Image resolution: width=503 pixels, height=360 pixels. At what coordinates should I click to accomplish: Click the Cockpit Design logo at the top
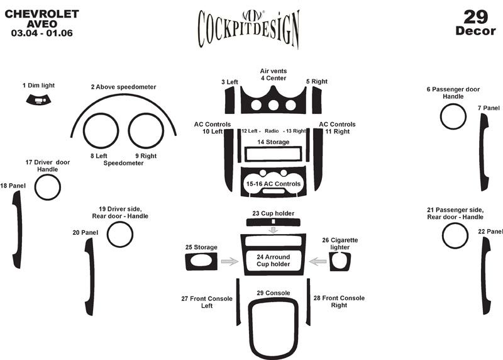tap(248, 27)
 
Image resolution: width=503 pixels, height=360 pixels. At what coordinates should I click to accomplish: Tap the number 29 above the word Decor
tap(475, 16)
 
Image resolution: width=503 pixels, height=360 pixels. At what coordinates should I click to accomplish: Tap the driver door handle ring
tap(47, 187)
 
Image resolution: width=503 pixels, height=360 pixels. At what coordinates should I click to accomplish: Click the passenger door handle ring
tap(453, 116)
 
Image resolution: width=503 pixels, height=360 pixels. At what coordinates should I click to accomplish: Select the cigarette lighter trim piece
tap(340, 261)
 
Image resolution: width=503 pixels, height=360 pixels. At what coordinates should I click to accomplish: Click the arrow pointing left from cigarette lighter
tap(318, 261)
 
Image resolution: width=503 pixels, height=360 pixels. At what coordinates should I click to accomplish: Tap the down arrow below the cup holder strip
tap(273, 230)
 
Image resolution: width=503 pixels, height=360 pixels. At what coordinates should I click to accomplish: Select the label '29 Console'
tap(273, 293)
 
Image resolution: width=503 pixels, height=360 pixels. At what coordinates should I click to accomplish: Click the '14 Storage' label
tap(274, 142)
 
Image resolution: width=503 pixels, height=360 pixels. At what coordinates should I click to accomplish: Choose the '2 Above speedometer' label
tap(123, 87)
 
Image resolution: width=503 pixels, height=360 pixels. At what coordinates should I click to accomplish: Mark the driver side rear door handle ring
tap(120, 235)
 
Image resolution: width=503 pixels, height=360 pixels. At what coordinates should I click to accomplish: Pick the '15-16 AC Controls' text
tap(274, 184)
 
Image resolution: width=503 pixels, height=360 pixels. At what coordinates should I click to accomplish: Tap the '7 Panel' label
tap(488, 108)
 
